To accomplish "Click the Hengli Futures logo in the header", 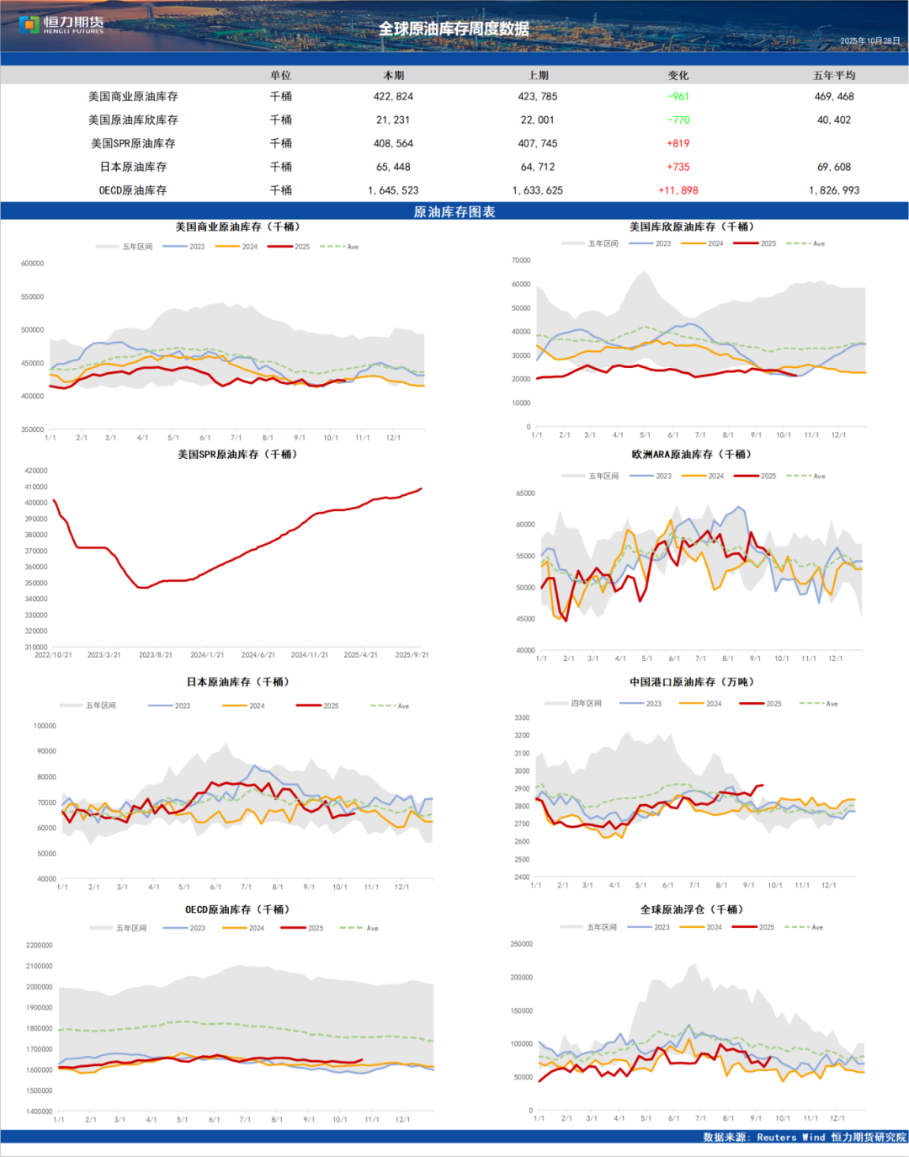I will click(x=61, y=24).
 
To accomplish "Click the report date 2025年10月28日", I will click(x=869, y=41).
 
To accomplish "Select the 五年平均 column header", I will click(x=833, y=76).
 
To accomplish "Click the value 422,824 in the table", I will click(x=393, y=97).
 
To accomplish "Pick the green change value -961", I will click(x=678, y=97).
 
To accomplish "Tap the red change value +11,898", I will click(x=678, y=190).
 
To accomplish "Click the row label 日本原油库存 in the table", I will click(x=133, y=167).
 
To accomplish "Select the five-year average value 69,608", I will click(x=833, y=167).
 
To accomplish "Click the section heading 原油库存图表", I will click(x=454, y=211).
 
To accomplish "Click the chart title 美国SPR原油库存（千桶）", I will click(x=237, y=455).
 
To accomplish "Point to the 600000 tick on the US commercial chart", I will click(x=33, y=264).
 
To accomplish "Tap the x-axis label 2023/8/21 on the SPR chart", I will click(x=156, y=655).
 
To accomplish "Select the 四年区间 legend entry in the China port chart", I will click(x=586, y=703).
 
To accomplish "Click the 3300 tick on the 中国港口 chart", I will click(x=522, y=718).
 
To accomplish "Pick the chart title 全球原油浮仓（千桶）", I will click(x=692, y=909).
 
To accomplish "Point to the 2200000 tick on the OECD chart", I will click(x=40, y=946).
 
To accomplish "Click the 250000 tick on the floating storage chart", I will click(x=522, y=944).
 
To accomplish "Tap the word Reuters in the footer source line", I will click(x=776, y=1138).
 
